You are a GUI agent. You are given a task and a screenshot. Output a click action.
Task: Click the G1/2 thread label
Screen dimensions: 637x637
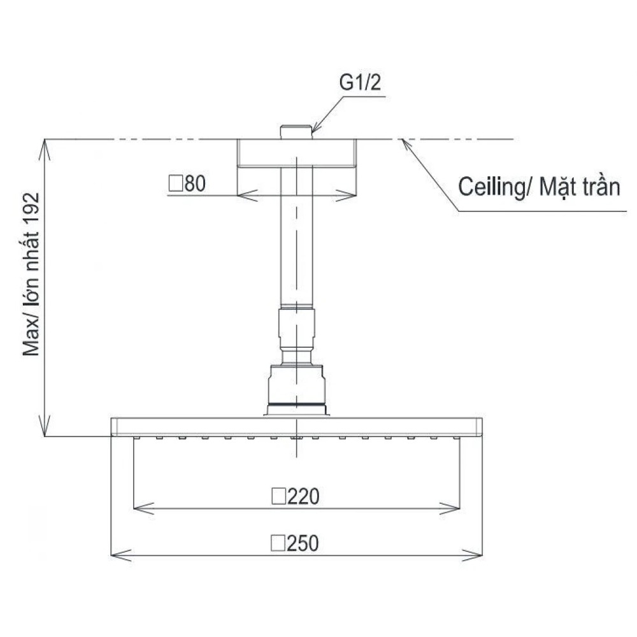click(360, 82)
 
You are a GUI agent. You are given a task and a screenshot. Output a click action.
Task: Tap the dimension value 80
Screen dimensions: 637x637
click(195, 183)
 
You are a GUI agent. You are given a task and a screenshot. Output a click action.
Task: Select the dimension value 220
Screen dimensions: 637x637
click(303, 496)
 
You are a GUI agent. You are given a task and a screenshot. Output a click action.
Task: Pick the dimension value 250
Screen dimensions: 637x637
click(303, 543)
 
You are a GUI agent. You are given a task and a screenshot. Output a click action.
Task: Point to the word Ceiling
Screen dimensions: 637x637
click(492, 187)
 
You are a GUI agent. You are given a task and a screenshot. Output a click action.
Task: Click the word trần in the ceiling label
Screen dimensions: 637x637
click(601, 187)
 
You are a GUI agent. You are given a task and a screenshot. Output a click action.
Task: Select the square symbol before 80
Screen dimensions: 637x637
click(176, 183)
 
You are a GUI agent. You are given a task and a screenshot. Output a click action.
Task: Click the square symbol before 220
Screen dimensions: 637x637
click(279, 496)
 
